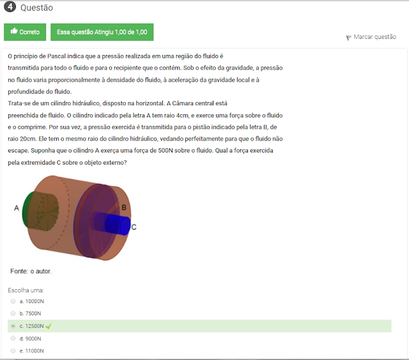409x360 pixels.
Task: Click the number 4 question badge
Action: (x=10, y=6)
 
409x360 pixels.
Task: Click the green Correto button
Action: (x=25, y=32)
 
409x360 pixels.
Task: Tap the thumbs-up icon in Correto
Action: (x=14, y=31)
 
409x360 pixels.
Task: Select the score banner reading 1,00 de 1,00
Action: (x=102, y=32)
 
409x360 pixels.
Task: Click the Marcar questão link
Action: (x=375, y=37)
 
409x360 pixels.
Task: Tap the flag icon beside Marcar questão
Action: (x=348, y=38)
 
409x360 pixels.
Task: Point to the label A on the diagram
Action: (x=17, y=208)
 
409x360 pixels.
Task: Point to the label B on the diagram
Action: (x=124, y=207)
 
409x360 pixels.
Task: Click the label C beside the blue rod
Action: (x=134, y=227)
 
